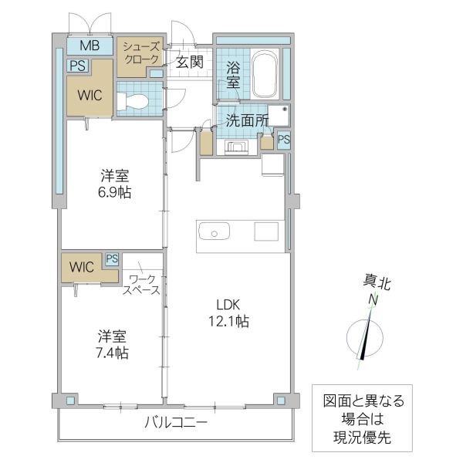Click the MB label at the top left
tap(90, 46)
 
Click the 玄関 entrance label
tap(189, 63)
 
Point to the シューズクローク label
tap(141, 53)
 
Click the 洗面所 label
tap(247, 120)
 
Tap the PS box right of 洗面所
tap(284, 140)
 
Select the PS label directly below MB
tap(77, 66)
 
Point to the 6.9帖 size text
tap(113, 192)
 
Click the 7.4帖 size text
tap(113, 353)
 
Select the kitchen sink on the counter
tap(213, 231)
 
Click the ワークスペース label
tap(144, 284)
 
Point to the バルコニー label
tap(176, 422)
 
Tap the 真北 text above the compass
tap(377, 282)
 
